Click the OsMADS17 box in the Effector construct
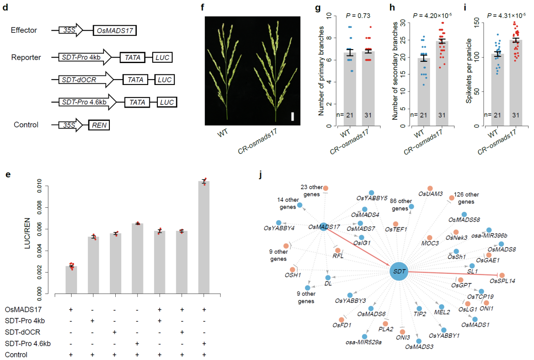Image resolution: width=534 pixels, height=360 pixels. (115, 31)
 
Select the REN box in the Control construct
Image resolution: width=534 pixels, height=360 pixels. (99, 125)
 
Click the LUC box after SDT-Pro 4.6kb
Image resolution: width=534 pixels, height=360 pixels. (167, 102)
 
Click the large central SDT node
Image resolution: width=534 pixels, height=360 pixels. (399, 272)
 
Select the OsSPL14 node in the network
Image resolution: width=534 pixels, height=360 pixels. (502, 275)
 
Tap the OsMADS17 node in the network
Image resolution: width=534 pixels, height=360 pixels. (323, 227)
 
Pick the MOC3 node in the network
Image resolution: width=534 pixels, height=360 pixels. (430, 238)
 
